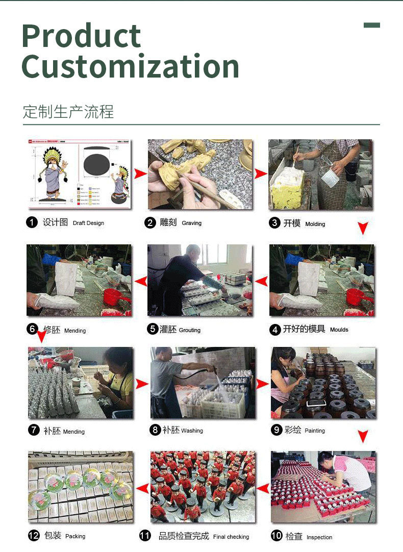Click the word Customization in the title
coord(130,67)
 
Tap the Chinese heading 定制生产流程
coord(68,111)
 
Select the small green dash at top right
coord(371,25)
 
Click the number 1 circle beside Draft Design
coord(32,222)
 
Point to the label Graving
coord(191,223)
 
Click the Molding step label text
coord(315,224)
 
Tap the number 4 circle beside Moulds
coord(275,330)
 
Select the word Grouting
coord(189,330)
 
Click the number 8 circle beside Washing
coord(155,430)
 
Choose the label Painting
coord(314,431)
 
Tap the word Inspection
coord(319,537)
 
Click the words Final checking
coord(231,537)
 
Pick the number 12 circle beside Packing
coord(34,536)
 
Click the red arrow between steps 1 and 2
coord(140,174)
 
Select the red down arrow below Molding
coord(362,229)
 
